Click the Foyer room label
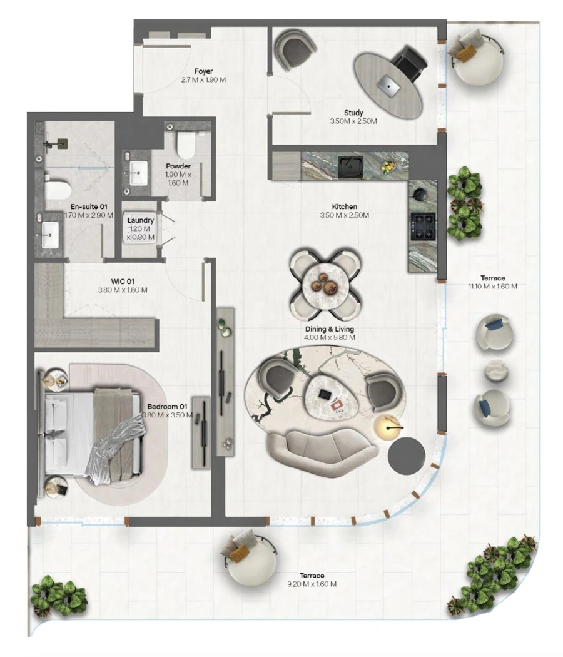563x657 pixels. tap(203, 72)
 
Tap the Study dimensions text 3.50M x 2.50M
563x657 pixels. tap(353, 121)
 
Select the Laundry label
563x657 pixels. tap(141, 220)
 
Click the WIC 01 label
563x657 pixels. tap(123, 282)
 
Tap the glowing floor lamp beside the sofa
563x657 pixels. tap(387, 427)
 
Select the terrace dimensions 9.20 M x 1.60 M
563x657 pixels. tap(312, 584)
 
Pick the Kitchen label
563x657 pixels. tap(345, 206)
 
